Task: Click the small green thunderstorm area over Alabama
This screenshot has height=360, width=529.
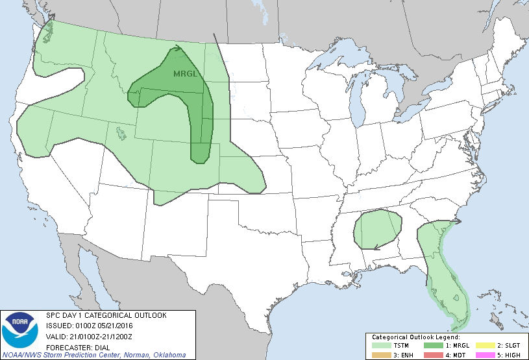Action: click(376, 228)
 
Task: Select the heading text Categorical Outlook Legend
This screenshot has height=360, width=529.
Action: click(416, 337)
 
